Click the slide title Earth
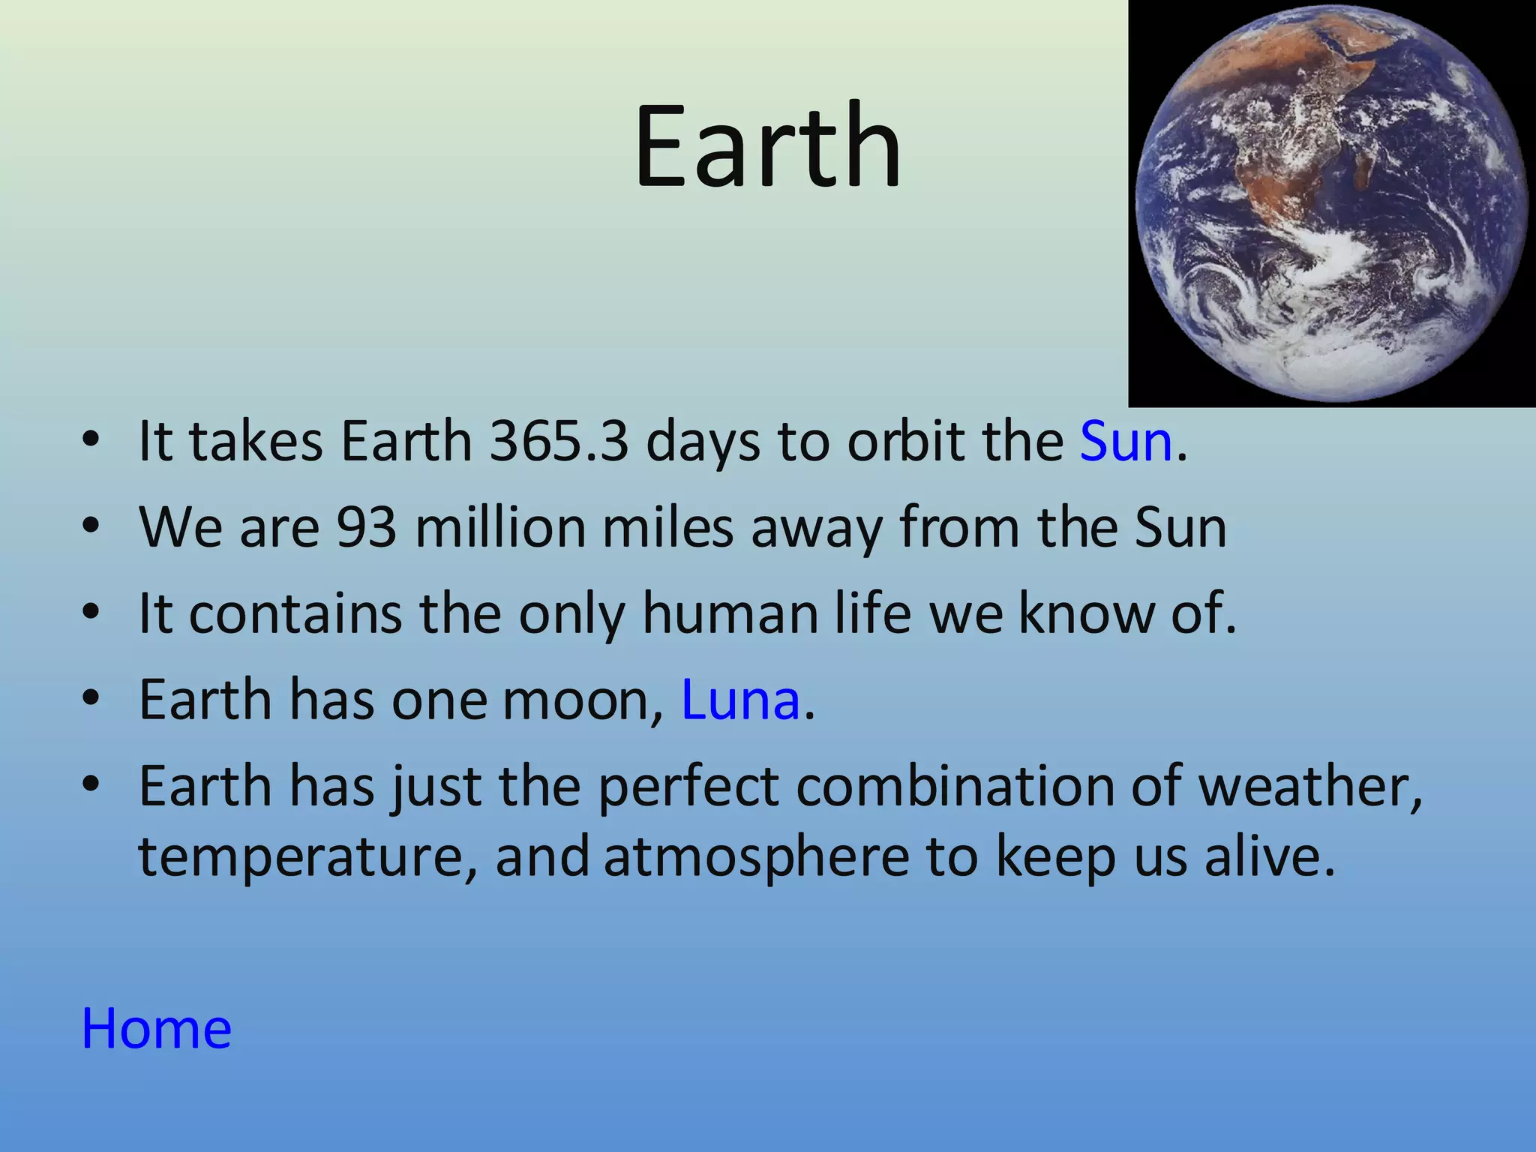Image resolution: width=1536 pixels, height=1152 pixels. (767, 146)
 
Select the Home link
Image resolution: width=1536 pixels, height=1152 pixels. (157, 1028)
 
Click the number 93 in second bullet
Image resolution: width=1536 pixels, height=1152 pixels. (366, 527)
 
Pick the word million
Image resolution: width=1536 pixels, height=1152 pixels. (500, 527)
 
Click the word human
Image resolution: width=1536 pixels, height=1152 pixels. (730, 613)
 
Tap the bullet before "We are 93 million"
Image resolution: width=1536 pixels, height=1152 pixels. (91, 527)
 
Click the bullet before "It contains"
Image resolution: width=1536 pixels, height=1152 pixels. (91, 613)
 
